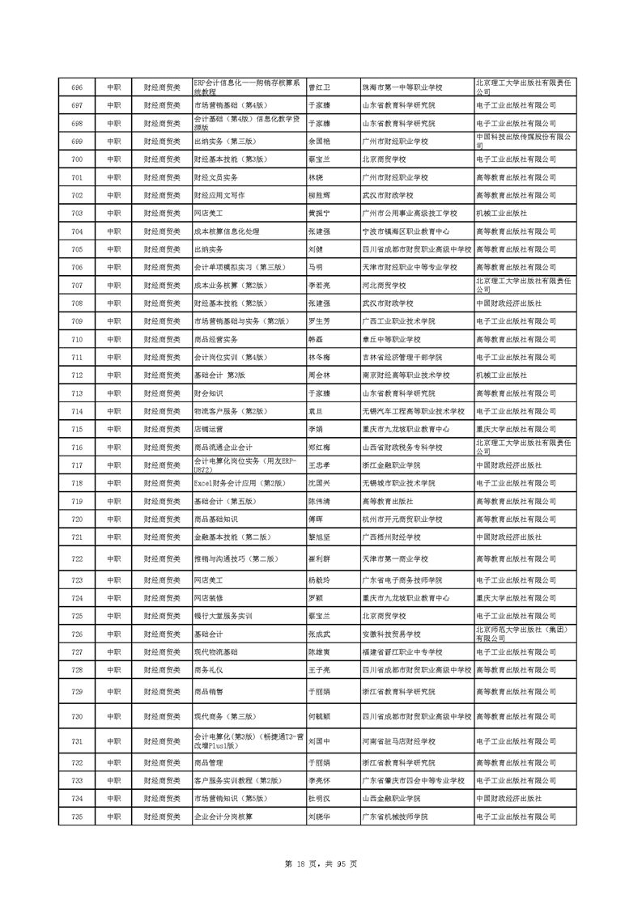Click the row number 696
click(77, 87)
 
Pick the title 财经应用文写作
click(219, 195)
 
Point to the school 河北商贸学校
click(384, 286)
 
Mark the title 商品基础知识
click(216, 519)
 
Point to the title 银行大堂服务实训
click(223, 616)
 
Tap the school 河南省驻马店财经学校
click(398, 741)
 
